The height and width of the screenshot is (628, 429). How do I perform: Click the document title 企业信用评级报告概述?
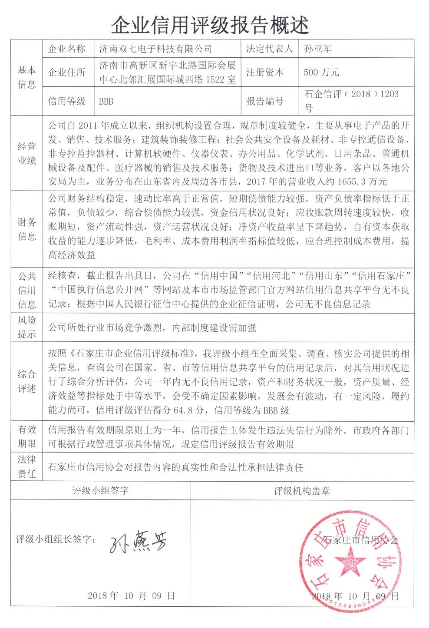tap(210, 25)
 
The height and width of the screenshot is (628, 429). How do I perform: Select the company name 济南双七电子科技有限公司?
tap(155, 49)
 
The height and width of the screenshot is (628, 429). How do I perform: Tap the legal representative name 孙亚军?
tap(318, 49)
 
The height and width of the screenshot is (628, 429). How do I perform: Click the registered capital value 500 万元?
tap(321, 72)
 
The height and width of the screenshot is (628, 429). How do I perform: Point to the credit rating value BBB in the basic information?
tap(106, 101)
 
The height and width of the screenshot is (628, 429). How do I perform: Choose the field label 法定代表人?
tap(269, 49)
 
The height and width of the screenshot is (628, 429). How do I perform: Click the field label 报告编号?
tap(265, 101)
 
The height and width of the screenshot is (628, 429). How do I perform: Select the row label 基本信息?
tap(26, 77)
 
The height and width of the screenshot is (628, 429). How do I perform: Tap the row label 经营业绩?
tap(26, 153)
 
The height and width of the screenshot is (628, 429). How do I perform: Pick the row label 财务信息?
tap(26, 229)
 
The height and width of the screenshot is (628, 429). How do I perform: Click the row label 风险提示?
tap(26, 327)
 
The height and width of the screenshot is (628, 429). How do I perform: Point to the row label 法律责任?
tap(26, 466)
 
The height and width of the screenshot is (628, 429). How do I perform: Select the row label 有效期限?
tap(26, 436)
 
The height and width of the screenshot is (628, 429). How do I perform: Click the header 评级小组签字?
tap(100, 491)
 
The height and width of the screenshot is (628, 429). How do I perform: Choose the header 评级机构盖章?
tap(302, 491)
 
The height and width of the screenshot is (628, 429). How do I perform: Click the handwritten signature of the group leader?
tap(138, 541)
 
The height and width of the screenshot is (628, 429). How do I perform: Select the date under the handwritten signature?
tap(131, 595)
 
